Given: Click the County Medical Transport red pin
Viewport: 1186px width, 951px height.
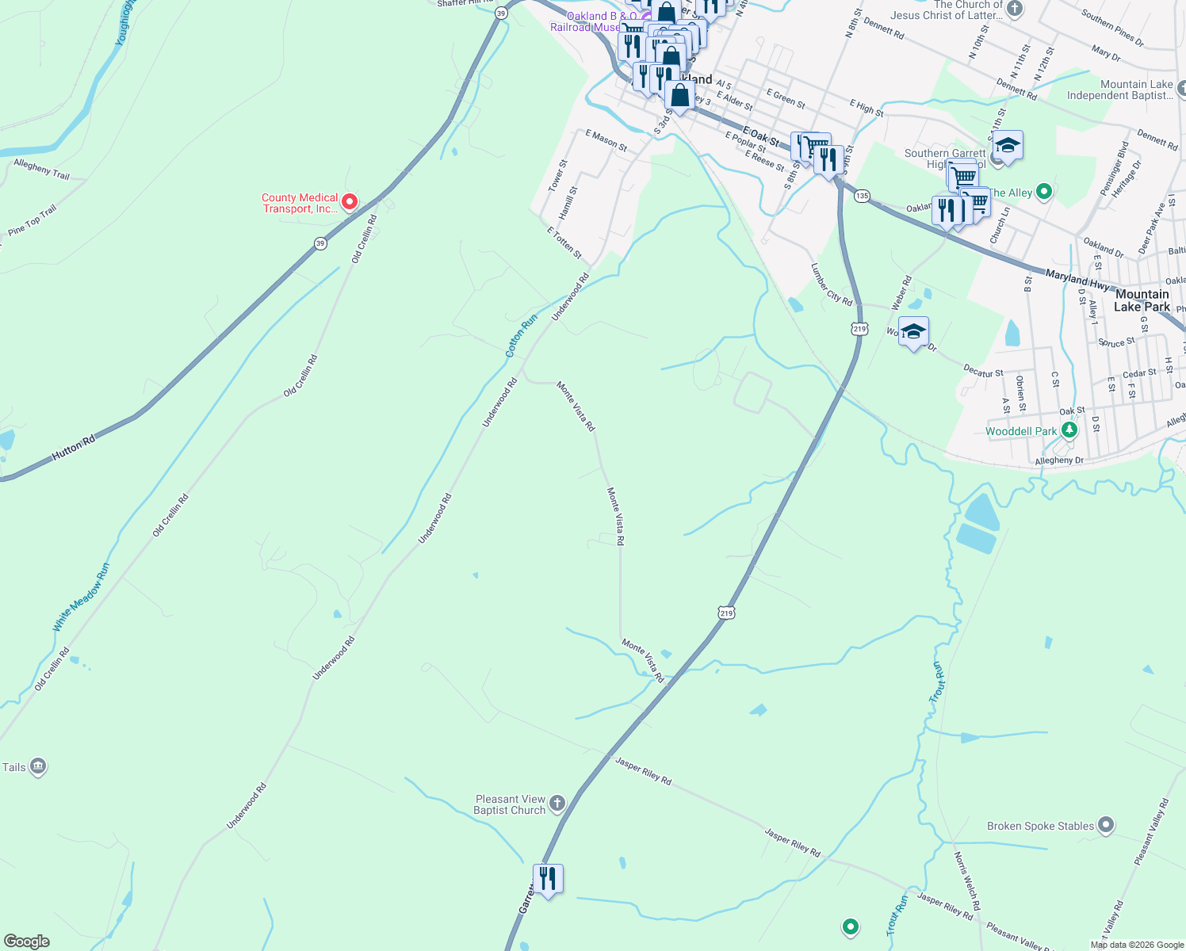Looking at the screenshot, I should [349, 203].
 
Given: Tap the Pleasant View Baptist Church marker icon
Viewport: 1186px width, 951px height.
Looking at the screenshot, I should [557, 804].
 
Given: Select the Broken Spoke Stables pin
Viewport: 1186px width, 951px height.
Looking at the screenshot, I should [1106, 826].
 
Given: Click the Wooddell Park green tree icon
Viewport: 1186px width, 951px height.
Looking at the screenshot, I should [1069, 430].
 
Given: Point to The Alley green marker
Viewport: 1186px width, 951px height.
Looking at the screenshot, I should [1044, 192].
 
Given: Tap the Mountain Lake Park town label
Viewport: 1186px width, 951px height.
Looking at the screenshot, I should [1142, 300].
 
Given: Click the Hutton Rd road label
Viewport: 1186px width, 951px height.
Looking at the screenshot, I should [73, 449].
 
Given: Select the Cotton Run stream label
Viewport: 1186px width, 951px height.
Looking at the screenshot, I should [521, 334].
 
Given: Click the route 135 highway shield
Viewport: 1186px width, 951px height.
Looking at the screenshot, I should [863, 196].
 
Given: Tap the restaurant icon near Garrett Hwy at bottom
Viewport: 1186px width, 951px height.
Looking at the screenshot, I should [548, 879].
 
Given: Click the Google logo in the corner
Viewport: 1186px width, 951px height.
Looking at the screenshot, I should [26, 941].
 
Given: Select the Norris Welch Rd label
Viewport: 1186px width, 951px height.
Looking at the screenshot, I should [966, 880].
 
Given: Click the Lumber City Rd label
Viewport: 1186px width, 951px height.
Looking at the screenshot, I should [831, 285].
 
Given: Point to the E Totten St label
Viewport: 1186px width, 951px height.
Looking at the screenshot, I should [564, 243].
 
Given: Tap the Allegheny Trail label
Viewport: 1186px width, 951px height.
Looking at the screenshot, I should [41, 169].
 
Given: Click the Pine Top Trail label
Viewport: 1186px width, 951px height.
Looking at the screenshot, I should [33, 220].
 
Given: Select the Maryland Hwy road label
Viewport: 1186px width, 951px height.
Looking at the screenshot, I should [1077, 278].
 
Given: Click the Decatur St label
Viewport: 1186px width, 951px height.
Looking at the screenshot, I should [983, 372].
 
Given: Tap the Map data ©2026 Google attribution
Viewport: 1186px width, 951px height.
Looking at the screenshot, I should [1136, 945].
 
